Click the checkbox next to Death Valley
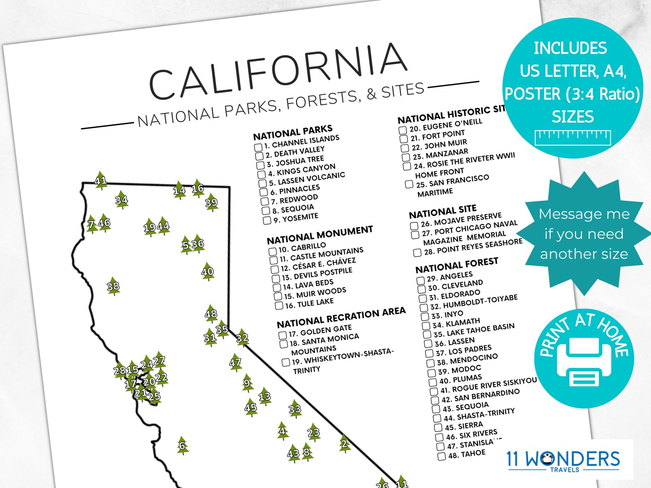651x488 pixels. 259,156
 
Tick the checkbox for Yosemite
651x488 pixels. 267,220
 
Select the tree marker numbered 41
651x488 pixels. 100,180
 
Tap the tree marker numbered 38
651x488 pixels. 113,286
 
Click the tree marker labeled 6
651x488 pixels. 182,445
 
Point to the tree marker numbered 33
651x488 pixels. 295,409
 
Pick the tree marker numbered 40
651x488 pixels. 208,271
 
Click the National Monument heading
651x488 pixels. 320,235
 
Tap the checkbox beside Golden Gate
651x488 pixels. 282,335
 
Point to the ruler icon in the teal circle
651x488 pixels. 573,137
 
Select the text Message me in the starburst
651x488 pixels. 584,214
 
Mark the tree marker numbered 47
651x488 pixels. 235,362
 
